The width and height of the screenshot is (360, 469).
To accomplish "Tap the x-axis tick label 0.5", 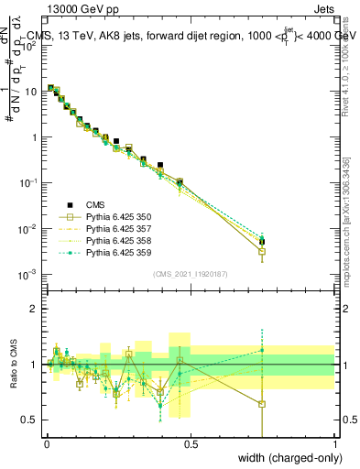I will pos(191,444).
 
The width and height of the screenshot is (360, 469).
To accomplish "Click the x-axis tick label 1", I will pos(334,444).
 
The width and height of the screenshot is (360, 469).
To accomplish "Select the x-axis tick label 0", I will pos(47,444).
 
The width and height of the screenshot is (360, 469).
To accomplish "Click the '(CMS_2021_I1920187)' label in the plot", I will pos(190,274).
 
